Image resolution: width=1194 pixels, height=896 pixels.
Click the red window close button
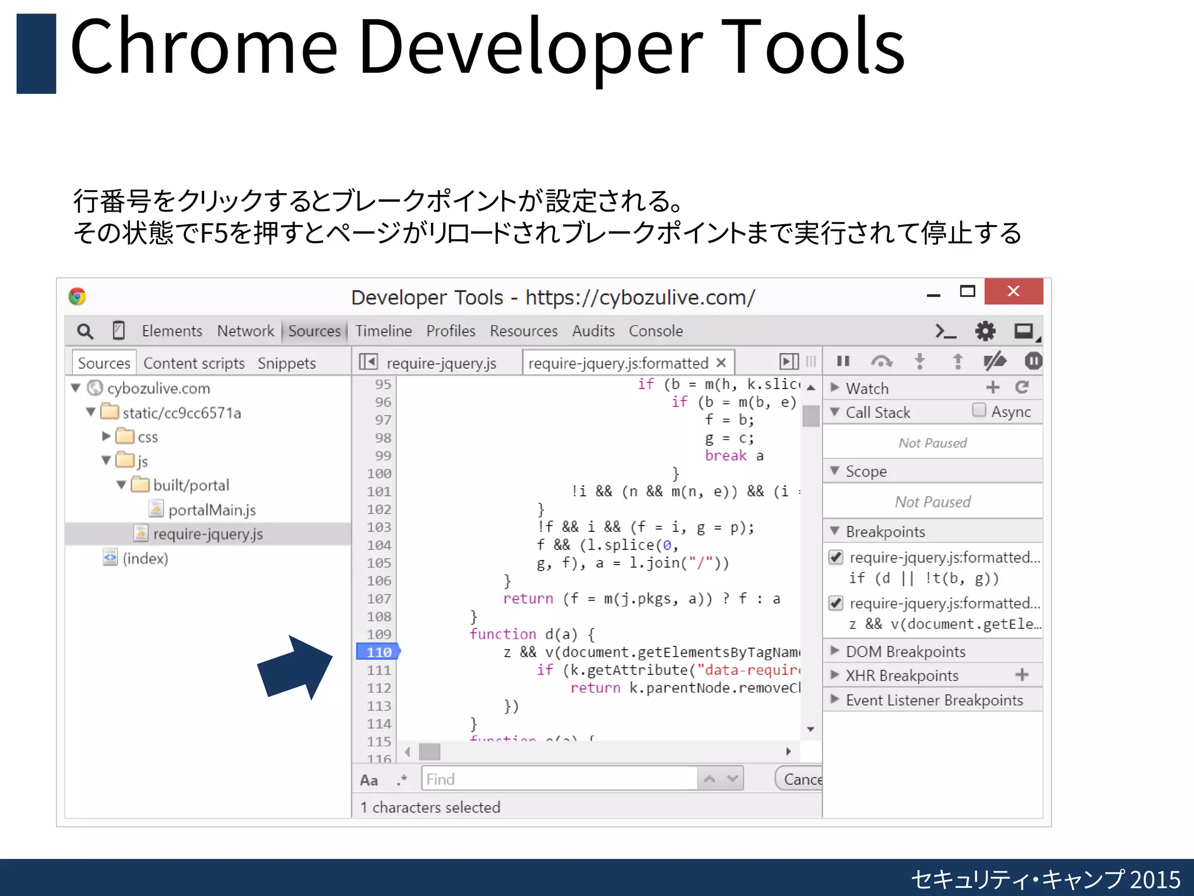point(1013,291)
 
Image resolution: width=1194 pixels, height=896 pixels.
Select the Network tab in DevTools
point(245,331)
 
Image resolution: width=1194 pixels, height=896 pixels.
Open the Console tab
point(655,331)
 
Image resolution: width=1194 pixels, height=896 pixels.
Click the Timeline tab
point(384,331)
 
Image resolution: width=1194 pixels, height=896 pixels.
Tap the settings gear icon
point(985,331)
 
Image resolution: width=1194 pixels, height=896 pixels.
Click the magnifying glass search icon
point(85,331)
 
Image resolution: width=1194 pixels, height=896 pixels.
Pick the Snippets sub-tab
point(286,363)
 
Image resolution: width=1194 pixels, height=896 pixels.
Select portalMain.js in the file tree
point(212,510)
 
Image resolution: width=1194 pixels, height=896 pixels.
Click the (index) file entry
point(145,558)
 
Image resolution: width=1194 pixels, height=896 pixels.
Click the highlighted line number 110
point(378,652)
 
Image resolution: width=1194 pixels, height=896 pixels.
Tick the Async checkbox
point(979,410)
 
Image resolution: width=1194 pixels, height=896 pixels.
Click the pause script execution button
point(843,362)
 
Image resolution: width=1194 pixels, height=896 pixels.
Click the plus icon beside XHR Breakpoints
point(1021,675)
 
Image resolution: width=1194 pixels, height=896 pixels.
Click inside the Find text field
point(559,779)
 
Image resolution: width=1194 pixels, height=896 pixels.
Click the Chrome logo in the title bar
point(77,296)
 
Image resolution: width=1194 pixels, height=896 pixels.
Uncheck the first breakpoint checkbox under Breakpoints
point(836,557)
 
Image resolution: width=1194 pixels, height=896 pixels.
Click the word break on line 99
point(725,456)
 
